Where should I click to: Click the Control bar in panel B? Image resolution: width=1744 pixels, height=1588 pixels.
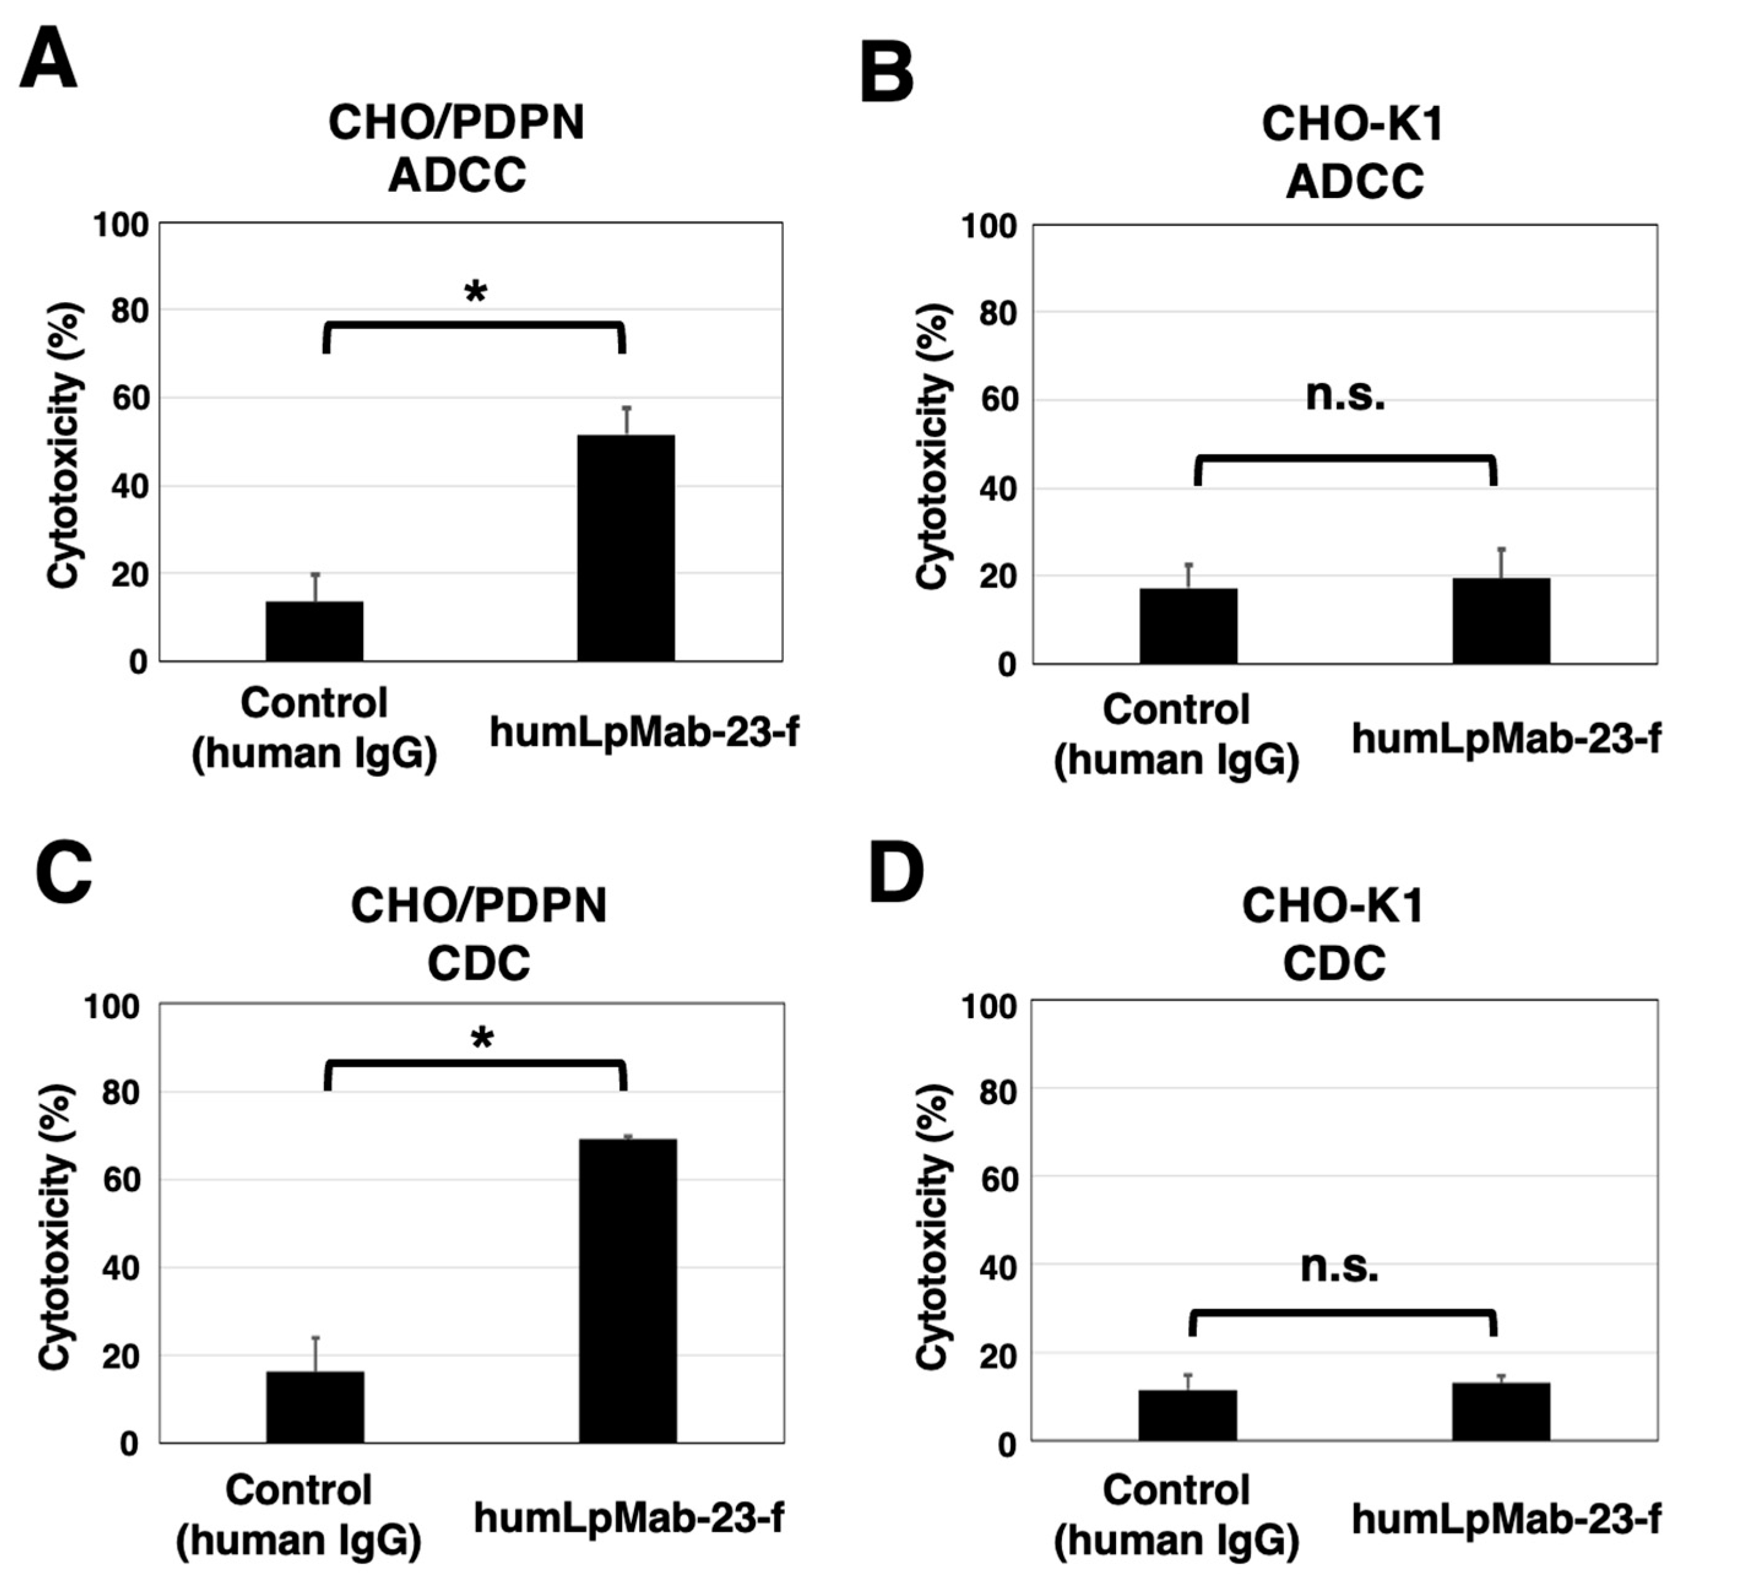click(x=1188, y=626)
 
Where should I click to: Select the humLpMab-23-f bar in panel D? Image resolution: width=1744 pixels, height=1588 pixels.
click(x=1500, y=1411)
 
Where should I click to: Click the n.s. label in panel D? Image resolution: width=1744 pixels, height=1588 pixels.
click(x=1339, y=1266)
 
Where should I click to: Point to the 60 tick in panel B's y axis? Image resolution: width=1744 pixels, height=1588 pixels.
click(x=998, y=401)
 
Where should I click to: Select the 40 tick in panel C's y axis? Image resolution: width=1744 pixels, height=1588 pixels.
click(x=120, y=1268)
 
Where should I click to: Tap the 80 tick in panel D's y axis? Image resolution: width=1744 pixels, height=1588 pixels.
click(x=998, y=1092)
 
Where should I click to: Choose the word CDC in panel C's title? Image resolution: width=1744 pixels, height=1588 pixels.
click(x=479, y=962)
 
